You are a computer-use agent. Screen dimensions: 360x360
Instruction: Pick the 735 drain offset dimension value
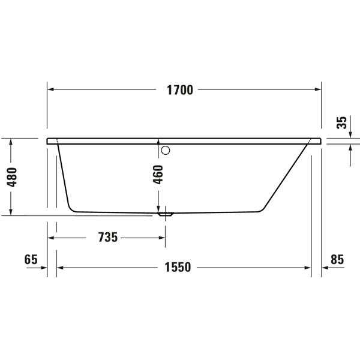coord(107,237)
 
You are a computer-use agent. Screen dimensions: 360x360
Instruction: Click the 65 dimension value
coord(31,260)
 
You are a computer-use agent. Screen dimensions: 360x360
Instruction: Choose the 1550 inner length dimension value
coord(179,268)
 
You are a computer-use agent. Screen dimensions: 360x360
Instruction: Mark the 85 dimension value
coord(337,260)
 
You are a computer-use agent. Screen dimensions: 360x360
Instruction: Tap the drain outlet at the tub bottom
coord(165,212)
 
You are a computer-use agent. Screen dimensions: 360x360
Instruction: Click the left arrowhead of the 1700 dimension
coord(51,90)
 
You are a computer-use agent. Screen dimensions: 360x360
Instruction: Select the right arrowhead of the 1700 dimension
coord(319,90)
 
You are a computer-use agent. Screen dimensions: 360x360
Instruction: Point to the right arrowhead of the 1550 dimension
coord(308,268)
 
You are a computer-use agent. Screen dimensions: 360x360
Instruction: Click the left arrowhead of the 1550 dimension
coord(61,268)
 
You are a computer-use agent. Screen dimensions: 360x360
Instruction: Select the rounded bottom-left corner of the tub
coord(72,208)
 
